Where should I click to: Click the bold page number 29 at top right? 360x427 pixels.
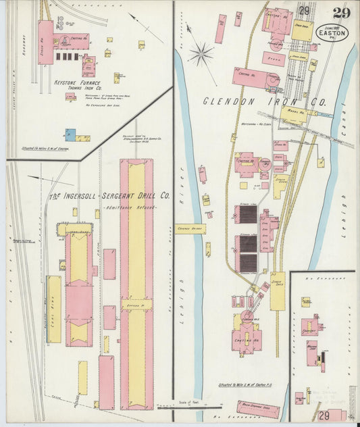click(x=340, y=11)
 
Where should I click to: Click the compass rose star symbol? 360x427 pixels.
click(x=201, y=54)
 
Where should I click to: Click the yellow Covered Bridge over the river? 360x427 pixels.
click(x=190, y=229)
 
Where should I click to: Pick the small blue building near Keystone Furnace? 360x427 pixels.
click(x=70, y=134)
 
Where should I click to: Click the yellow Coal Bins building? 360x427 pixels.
click(x=54, y=308)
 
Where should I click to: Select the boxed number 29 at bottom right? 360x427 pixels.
click(x=325, y=415)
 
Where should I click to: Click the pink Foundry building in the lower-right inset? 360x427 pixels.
click(x=310, y=328)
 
